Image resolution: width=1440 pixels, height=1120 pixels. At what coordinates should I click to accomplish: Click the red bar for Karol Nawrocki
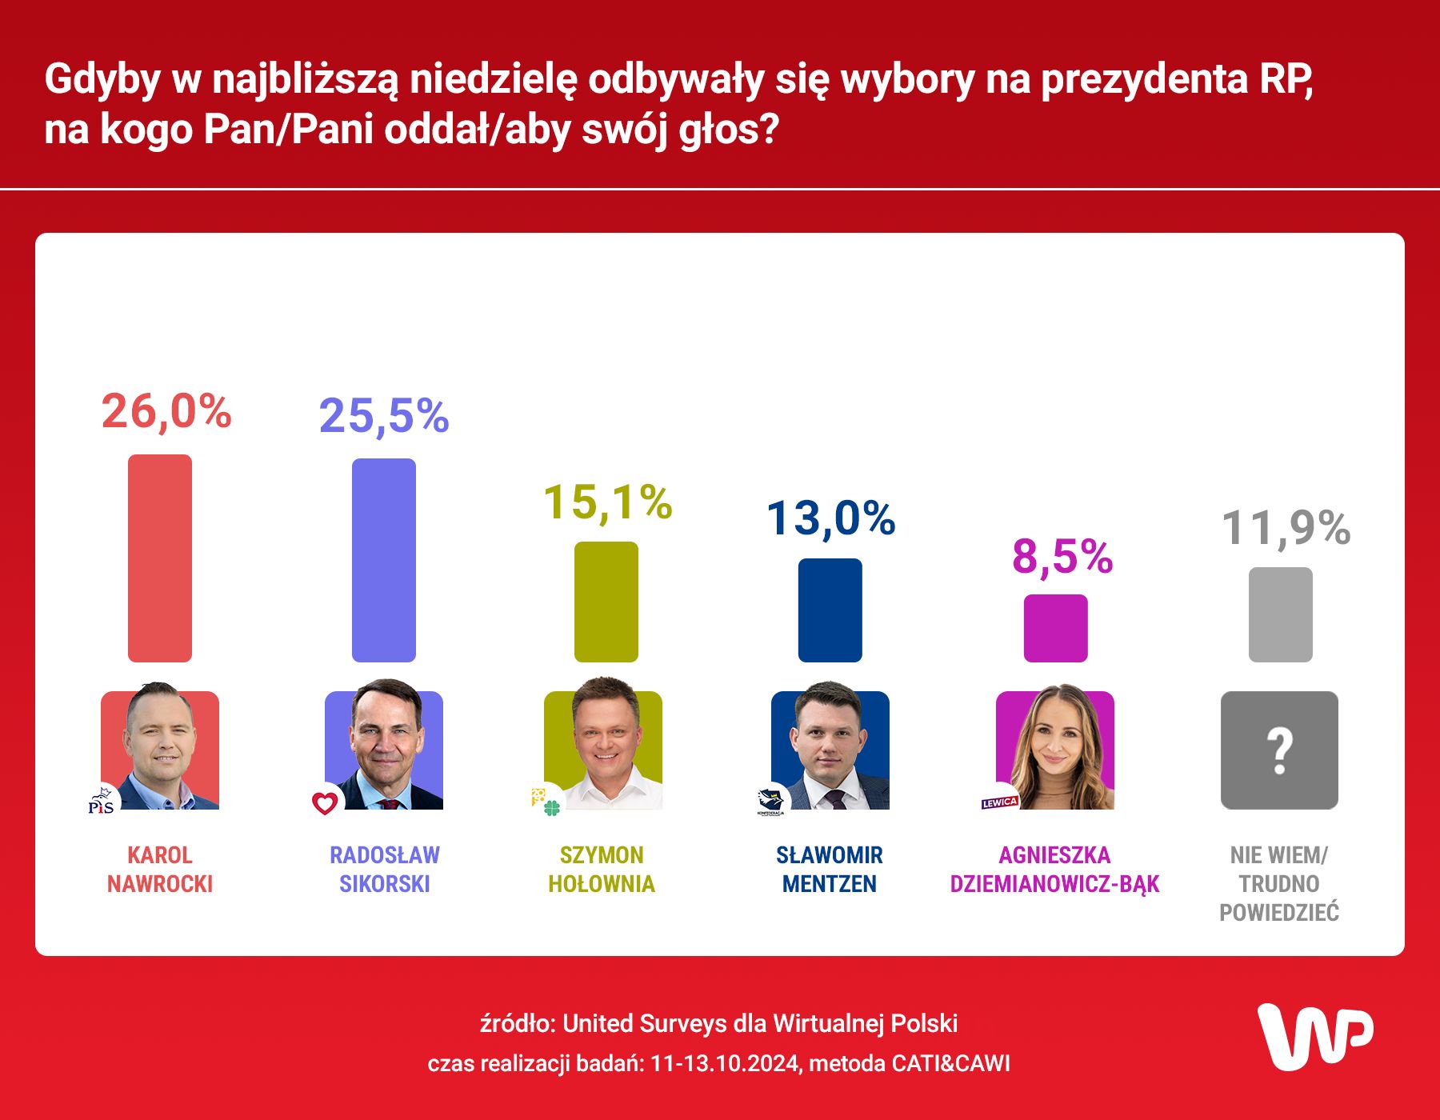tap(160, 558)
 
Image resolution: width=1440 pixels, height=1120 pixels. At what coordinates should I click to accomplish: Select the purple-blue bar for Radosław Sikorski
tap(384, 560)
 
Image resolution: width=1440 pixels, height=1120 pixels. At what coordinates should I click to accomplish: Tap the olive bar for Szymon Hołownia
tap(606, 602)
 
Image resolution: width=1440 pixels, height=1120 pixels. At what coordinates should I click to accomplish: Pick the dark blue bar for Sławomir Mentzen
tap(830, 610)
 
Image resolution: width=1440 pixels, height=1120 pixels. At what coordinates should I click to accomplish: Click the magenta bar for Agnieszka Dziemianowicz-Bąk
tap(1055, 628)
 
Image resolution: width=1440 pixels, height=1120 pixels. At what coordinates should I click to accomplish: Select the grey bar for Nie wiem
tap(1280, 614)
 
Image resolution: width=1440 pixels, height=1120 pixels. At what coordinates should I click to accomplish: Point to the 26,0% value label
tap(166, 412)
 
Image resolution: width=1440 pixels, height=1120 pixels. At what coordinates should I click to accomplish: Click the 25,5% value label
tap(384, 416)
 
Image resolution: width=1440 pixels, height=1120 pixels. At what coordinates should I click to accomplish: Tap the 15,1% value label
tap(607, 502)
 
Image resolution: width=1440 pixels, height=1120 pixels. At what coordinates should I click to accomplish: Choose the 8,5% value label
tap(1062, 557)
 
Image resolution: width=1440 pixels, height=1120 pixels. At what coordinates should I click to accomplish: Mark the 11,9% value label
tap(1286, 528)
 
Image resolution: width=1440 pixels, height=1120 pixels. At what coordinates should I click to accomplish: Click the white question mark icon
tap(1279, 750)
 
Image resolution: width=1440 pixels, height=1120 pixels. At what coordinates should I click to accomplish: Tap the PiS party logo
tap(102, 801)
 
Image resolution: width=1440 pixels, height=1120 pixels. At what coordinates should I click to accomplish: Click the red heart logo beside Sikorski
tap(325, 802)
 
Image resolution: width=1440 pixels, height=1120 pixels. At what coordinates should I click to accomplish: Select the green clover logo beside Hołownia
tap(551, 807)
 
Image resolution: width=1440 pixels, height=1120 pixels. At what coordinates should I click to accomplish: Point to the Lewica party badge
tap(999, 802)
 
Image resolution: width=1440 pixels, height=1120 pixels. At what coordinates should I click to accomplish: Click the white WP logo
tap(1315, 1036)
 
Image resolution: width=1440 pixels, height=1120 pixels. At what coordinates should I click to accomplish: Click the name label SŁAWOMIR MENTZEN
tap(830, 870)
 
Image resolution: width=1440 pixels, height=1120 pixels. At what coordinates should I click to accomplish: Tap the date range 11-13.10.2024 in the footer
tap(725, 1063)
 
